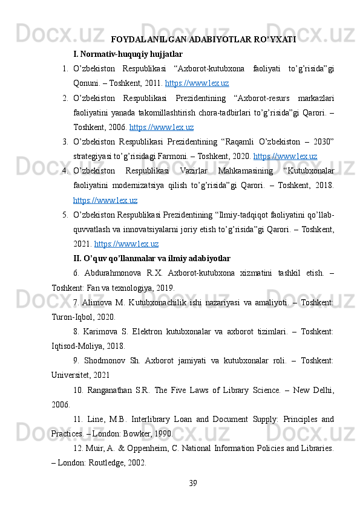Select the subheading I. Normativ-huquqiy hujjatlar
(128, 54)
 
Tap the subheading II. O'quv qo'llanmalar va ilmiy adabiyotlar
(151, 259)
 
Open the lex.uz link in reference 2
(162, 128)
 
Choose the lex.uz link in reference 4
(105, 199)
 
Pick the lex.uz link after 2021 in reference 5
(126, 244)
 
